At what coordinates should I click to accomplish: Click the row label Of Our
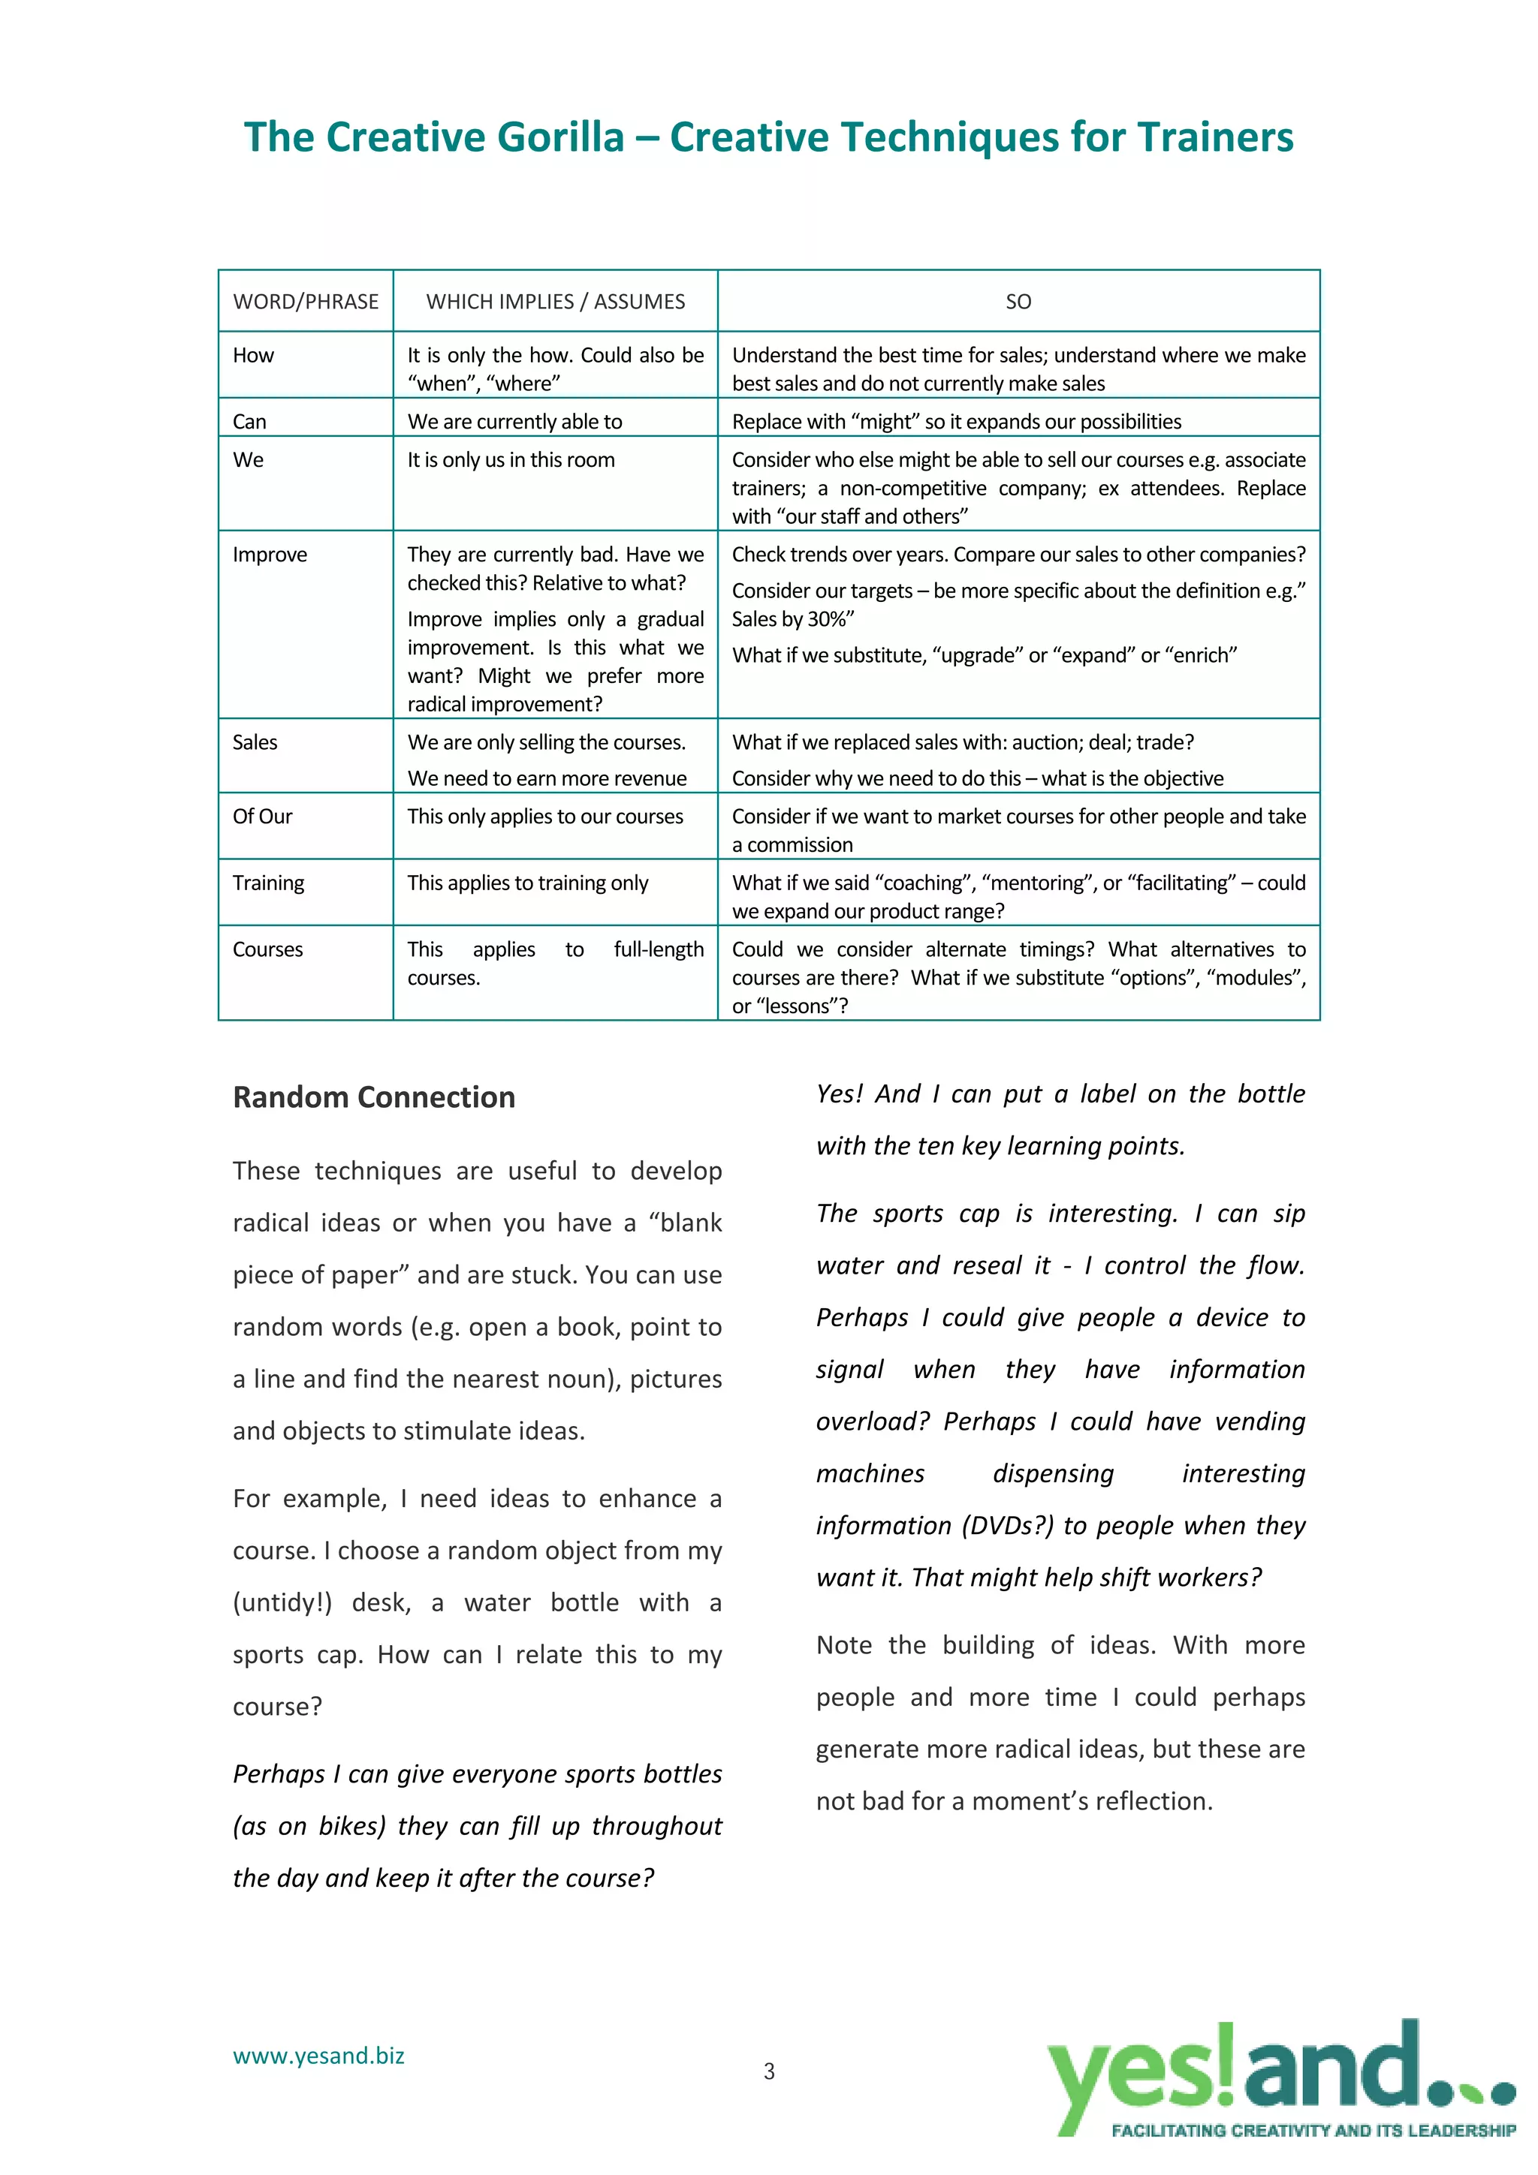[263, 816]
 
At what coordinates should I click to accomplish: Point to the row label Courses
[268, 949]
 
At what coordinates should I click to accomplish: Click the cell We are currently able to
[514, 422]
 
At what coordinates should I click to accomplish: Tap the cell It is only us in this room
[511, 459]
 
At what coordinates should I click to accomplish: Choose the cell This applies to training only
[528, 883]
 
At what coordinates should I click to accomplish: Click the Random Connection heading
[373, 1097]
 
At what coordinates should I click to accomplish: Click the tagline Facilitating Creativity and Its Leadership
[1313, 2131]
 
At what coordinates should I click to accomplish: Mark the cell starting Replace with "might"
[956, 422]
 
